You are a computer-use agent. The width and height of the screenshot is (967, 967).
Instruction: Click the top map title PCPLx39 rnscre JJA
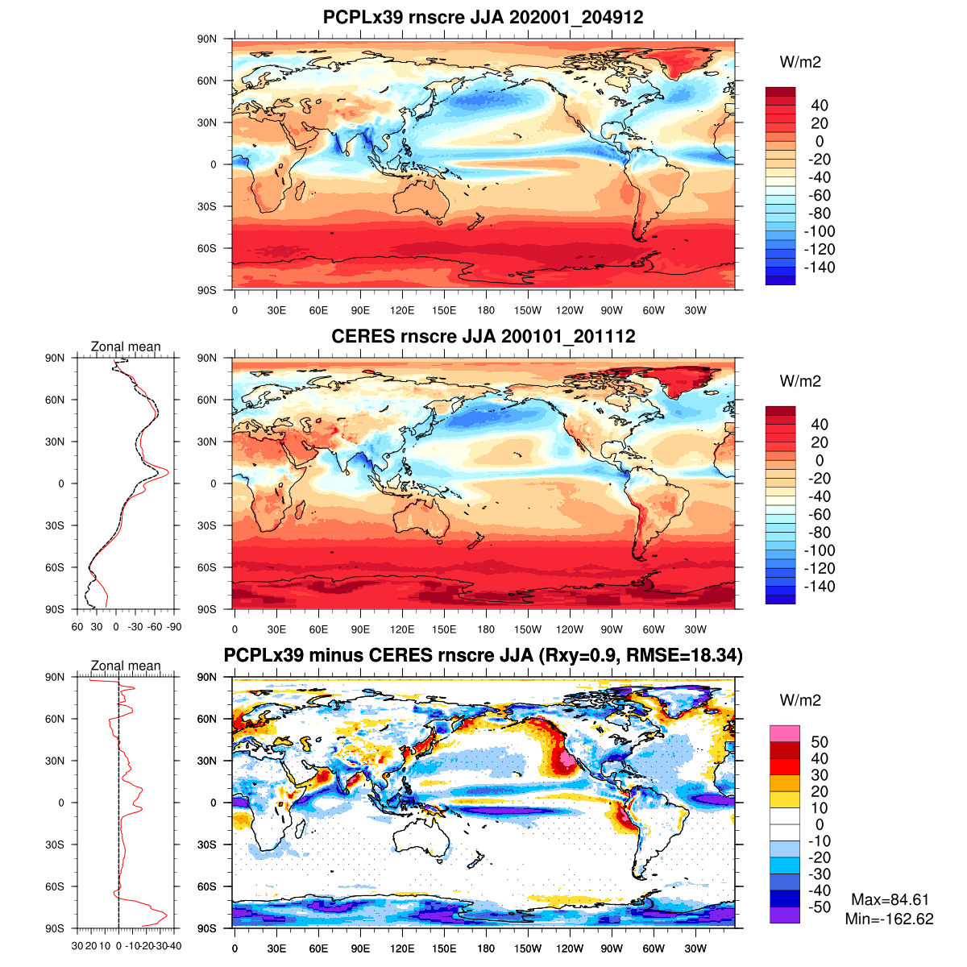coord(483,17)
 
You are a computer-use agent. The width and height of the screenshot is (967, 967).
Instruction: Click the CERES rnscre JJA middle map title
coord(483,336)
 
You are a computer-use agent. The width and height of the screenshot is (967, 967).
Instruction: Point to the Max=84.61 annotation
coord(890,900)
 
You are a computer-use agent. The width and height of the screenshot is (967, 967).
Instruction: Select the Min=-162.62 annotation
coord(890,919)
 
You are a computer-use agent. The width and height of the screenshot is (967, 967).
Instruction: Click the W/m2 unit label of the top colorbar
coord(800,62)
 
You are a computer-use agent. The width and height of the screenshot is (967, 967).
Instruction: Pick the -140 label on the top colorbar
coord(820,268)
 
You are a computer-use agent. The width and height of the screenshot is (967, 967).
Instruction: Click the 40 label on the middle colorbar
coord(820,425)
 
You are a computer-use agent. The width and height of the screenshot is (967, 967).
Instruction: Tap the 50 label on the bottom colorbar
coord(820,742)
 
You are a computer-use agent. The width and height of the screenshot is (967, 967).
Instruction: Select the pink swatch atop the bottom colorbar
coord(784,733)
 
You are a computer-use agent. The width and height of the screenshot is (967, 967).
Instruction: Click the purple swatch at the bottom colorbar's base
coord(784,915)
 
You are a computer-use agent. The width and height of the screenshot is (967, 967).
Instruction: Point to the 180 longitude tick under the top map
coord(486,310)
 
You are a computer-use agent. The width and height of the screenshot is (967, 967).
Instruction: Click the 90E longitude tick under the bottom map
coord(360,948)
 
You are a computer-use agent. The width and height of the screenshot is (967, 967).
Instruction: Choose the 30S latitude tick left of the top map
coord(207,206)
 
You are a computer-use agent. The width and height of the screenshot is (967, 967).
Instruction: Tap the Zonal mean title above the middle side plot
coord(126,347)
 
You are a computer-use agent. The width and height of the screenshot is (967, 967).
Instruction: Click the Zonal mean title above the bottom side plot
coord(126,666)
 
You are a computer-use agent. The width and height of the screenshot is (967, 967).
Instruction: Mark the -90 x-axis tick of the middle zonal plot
coord(173,627)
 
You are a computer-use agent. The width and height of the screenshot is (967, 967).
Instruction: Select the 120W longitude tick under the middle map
coord(570,629)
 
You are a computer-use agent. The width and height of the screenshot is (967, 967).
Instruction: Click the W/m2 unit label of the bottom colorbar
coord(800,700)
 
